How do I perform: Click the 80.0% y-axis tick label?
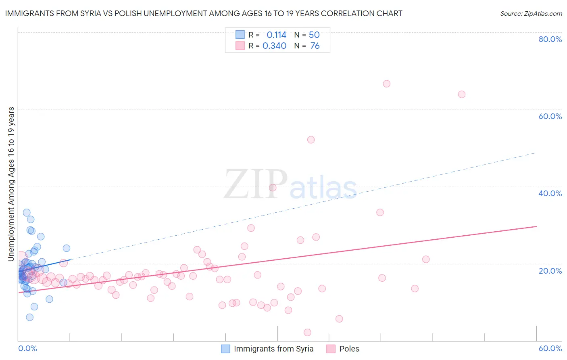point(550,39)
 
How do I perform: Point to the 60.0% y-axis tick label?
point(550,116)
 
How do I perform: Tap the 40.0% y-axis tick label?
point(550,193)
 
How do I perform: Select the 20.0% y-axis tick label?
point(550,271)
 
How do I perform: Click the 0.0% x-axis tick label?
point(27,348)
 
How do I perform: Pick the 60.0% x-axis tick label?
point(550,348)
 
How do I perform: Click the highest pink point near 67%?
point(386,84)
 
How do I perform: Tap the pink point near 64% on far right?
point(462,94)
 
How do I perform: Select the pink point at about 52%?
point(311,140)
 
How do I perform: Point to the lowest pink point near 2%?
point(307,333)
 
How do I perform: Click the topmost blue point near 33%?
point(27,213)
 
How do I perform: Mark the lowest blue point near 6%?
point(29,317)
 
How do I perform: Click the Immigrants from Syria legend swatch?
point(225,349)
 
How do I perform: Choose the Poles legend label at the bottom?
point(349,349)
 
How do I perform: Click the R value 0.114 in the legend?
point(276,35)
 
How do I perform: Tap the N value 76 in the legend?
point(315,46)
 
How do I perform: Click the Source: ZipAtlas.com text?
point(531,14)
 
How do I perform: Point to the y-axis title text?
point(11,184)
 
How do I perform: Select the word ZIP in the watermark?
point(255,184)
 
